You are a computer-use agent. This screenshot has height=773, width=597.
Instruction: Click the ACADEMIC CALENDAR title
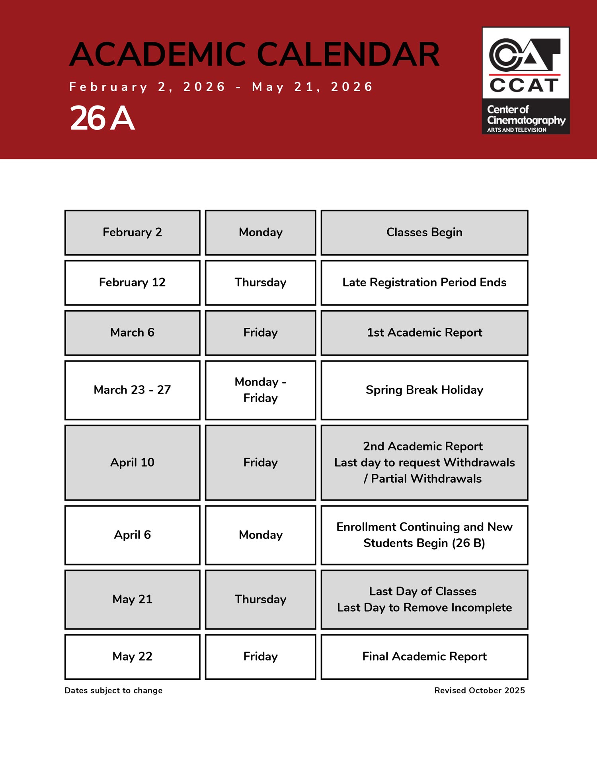pyautogui.click(x=255, y=55)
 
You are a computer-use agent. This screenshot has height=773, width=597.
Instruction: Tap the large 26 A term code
pyautogui.click(x=102, y=118)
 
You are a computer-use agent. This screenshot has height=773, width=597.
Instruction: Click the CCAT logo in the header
pyautogui.click(x=525, y=80)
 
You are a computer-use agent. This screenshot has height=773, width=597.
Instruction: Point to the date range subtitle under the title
pyautogui.click(x=221, y=87)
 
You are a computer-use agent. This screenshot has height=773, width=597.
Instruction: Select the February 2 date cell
pyautogui.click(x=132, y=233)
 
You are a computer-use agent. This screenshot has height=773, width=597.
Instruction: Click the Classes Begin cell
pyautogui.click(x=424, y=233)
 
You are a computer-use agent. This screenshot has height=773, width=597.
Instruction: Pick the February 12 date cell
pyautogui.click(x=132, y=283)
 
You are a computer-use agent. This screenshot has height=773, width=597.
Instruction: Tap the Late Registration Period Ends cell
pyautogui.click(x=424, y=283)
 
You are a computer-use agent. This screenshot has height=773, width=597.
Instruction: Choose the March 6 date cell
pyautogui.click(x=132, y=333)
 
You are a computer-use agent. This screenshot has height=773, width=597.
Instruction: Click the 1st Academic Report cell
pyautogui.click(x=424, y=333)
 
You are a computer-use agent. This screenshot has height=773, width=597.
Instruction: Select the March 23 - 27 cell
pyautogui.click(x=132, y=390)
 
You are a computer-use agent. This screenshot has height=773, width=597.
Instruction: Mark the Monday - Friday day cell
pyautogui.click(x=260, y=390)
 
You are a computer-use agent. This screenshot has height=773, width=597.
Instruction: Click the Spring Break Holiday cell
pyautogui.click(x=424, y=390)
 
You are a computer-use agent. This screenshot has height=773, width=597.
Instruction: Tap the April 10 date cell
pyautogui.click(x=132, y=463)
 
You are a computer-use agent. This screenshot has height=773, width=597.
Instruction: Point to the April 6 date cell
pyautogui.click(x=132, y=535)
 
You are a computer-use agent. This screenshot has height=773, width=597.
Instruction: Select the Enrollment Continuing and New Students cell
pyautogui.click(x=424, y=535)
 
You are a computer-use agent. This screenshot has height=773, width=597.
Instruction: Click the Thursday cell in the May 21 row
pyautogui.click(x=260, y=600)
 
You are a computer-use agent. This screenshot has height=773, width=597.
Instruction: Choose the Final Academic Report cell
pyautogui.click(x=424, y=657)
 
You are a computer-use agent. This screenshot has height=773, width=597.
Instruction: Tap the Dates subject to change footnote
pyautogui.click(x=113, y=691)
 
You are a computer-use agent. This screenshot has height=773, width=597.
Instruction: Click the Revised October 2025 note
pyautogui.click(x=479, y=691)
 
